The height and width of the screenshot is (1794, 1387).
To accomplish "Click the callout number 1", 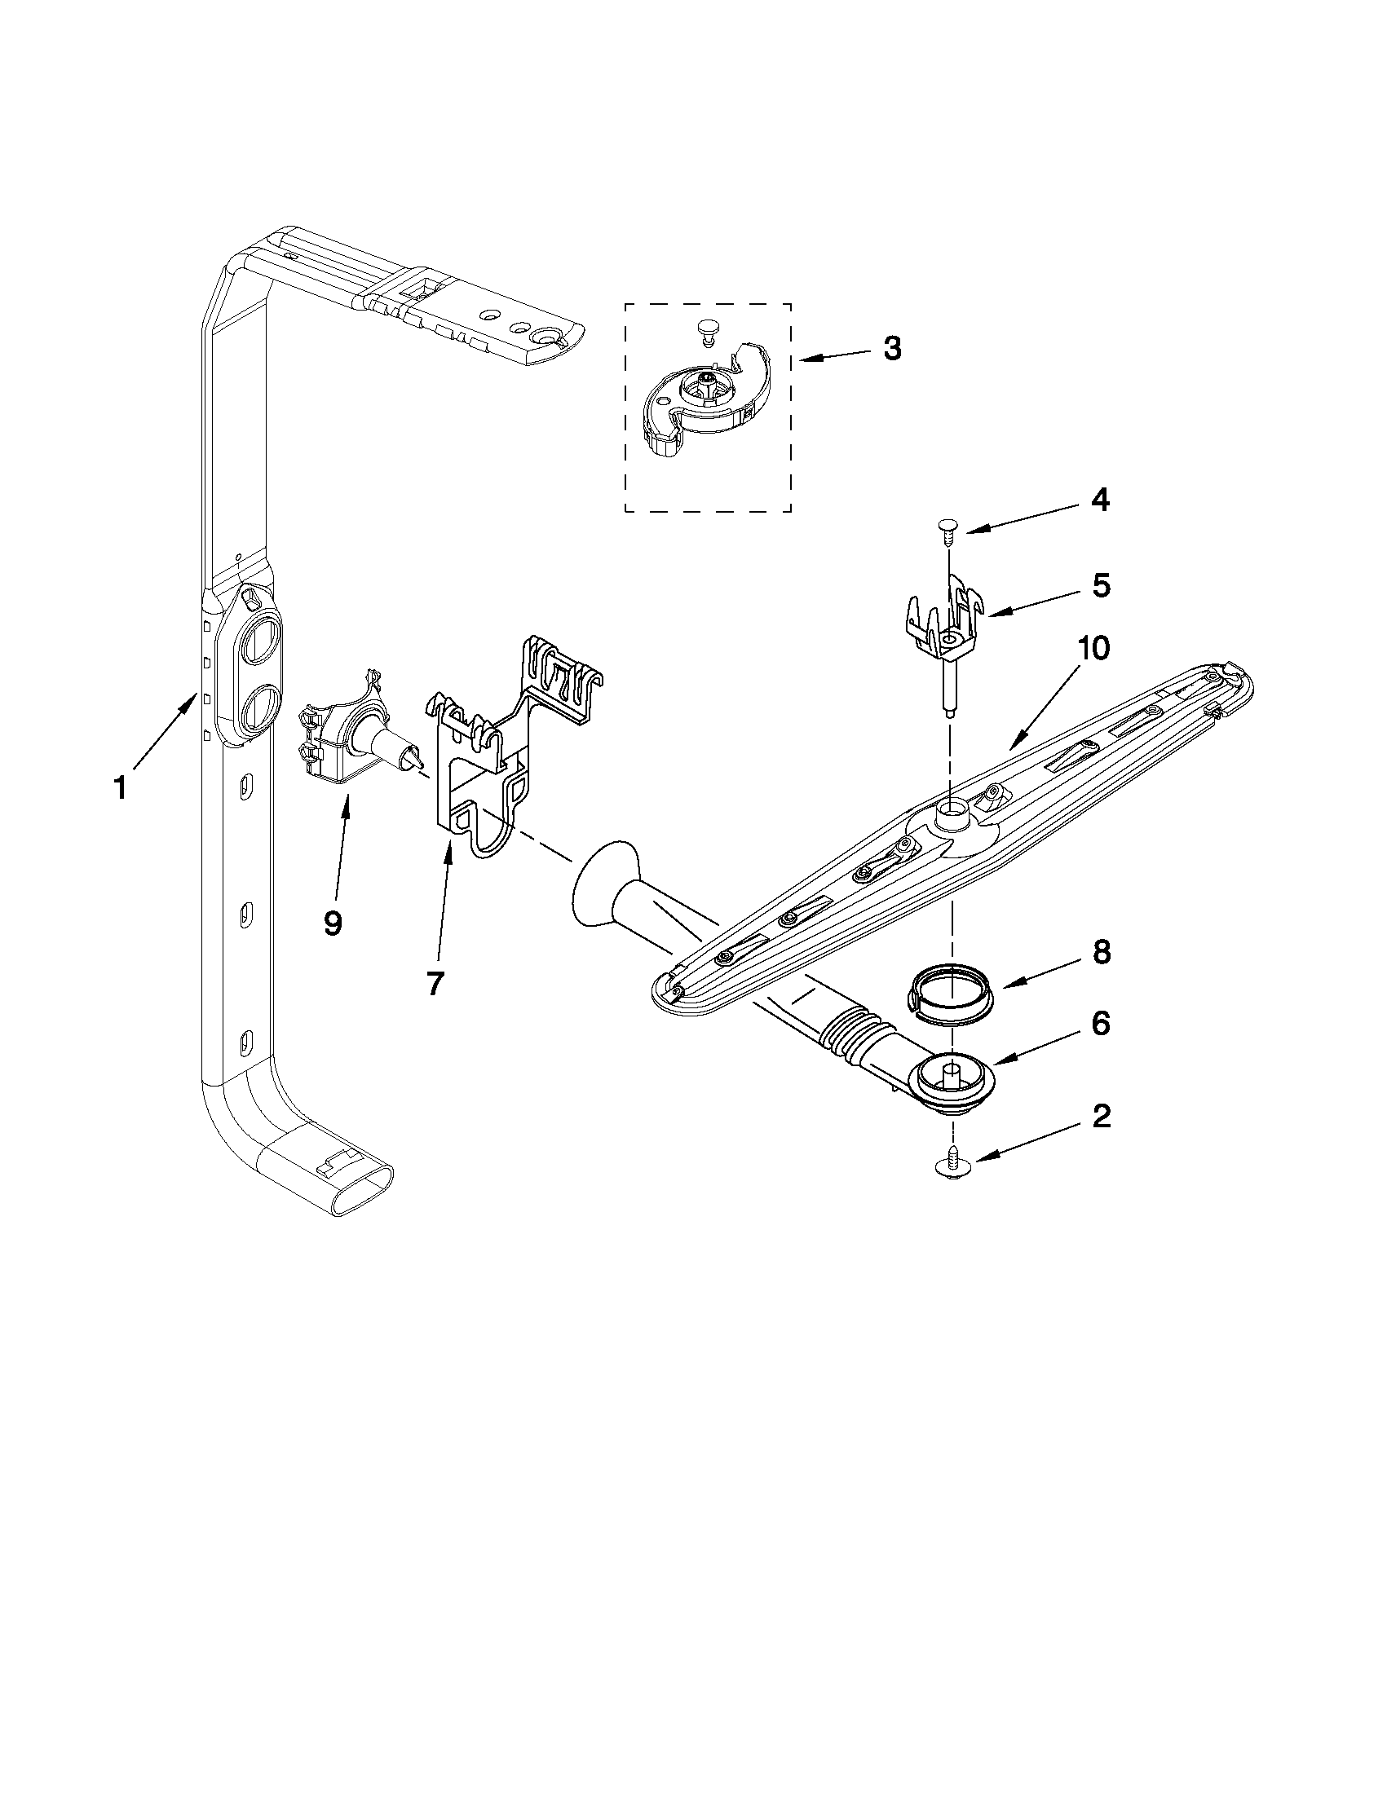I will (x=120, y=787).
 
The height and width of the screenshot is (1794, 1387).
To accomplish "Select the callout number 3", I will (x=892, y=348).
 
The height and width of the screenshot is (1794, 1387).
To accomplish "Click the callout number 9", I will (x=332, y=923).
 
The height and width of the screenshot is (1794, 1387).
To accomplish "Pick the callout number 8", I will (x=1101, y=952).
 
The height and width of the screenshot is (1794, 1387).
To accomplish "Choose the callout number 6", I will (x=1101, y=1024).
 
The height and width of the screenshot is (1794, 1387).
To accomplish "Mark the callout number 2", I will (x=1101, y=1117).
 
